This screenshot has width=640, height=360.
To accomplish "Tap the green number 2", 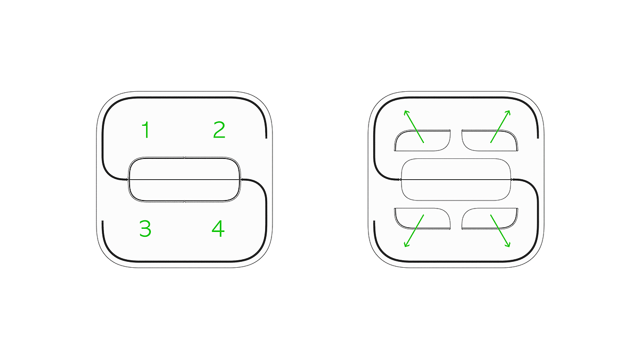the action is point(219,130).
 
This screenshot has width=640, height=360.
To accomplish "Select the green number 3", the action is point(145,229).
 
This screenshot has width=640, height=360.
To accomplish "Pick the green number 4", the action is point(218,229).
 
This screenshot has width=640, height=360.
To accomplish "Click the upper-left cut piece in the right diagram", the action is point(422,140).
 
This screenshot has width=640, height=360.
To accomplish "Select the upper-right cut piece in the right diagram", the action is point(490,140).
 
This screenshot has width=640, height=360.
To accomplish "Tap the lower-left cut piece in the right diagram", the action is point(422,219).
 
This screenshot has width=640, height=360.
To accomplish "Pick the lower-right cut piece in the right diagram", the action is point(490,219).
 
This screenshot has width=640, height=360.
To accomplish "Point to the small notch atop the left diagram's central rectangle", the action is point(185,157).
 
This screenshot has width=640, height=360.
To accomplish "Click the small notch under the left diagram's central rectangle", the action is point(185,202).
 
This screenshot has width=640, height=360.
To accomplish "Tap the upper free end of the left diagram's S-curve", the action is point(266,138).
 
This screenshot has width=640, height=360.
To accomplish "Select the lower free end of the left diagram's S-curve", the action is point(102,221).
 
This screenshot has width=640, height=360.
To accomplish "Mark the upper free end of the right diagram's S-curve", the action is point(538,138).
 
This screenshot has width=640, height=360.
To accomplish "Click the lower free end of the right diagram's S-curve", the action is point(374,221).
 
